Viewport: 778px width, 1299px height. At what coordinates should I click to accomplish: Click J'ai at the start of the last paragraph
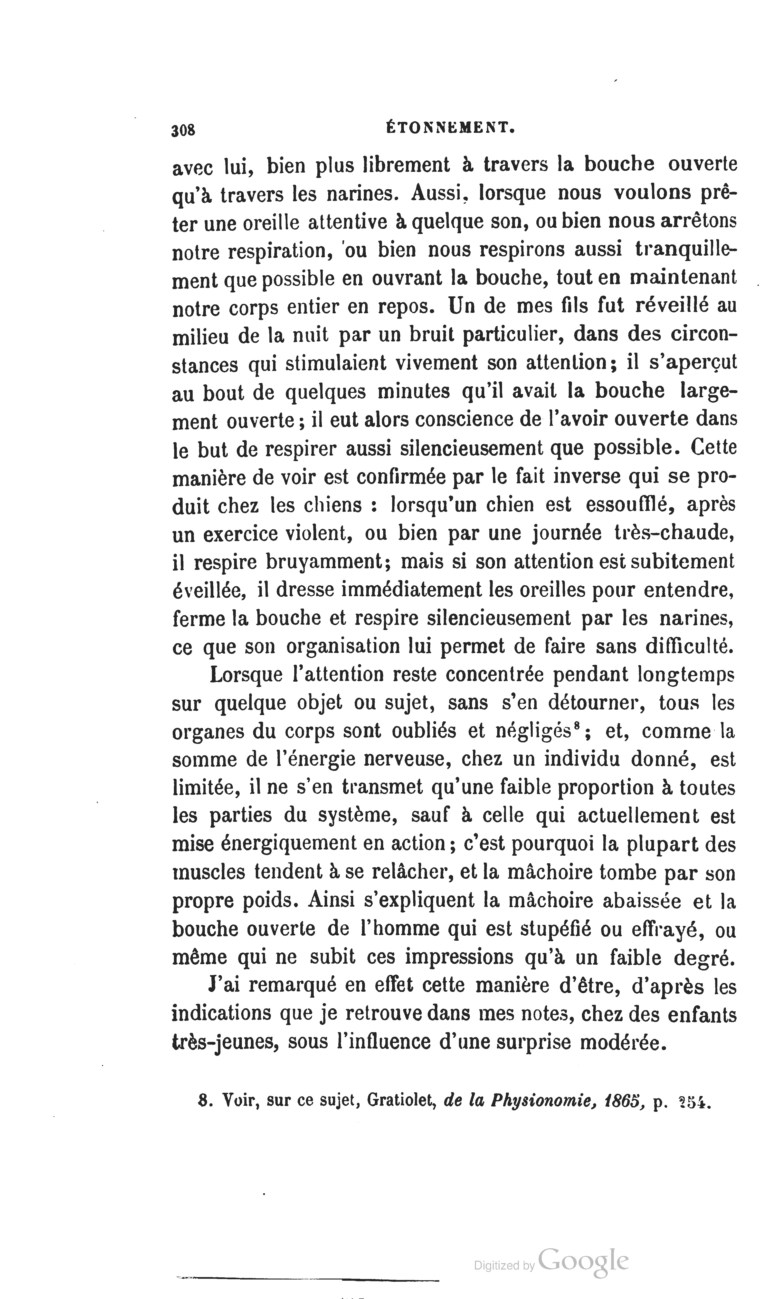(224, 986)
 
